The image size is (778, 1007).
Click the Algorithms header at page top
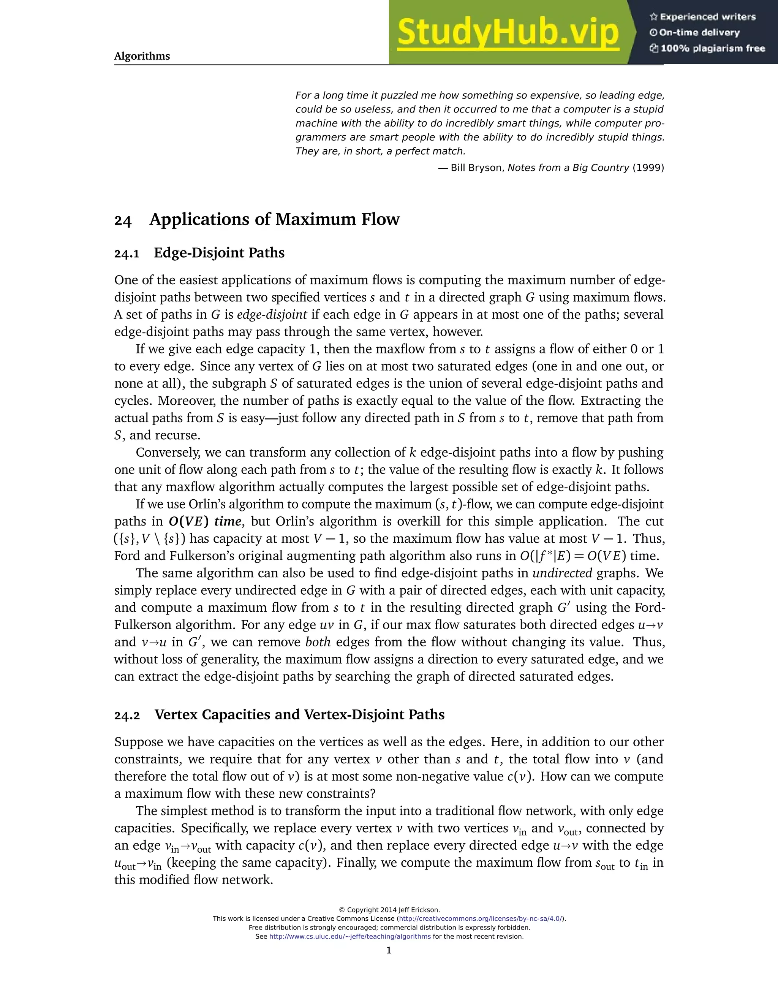142,56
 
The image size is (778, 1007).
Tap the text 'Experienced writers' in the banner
707,17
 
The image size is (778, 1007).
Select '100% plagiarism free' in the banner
713,48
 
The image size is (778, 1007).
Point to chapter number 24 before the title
123,220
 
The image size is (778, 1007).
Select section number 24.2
127,715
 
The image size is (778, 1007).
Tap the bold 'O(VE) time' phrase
205,521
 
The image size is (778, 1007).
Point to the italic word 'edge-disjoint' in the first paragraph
272,315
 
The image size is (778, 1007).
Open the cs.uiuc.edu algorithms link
350,936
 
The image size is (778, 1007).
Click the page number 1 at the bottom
389,950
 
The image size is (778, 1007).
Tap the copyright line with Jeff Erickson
389,910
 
